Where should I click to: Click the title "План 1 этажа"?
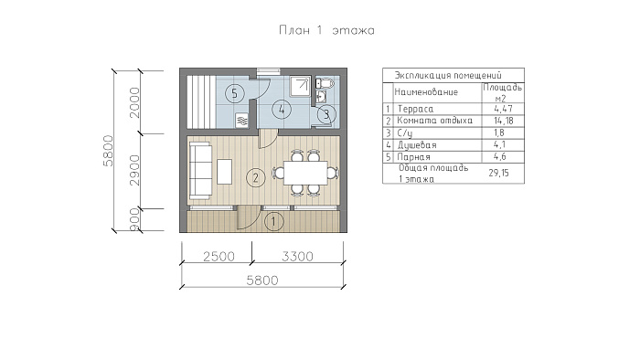coord(326,30)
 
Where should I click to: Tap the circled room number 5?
coord(234,93)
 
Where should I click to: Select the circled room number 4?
coord(282,109)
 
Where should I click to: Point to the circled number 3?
coord(326,114)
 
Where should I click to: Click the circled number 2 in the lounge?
coord(256,177)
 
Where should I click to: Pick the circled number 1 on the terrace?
coord(274,221)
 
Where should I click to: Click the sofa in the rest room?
coord(200,171)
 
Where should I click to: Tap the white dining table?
coord(305,173)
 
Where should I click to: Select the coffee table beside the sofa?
coord(224,171)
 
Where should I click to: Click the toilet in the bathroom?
coord(325,83)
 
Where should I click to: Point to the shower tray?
coord(301,86)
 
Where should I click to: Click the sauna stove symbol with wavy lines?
coord(242,121)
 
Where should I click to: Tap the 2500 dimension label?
coord(219,257)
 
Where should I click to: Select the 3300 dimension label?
coord(297,257)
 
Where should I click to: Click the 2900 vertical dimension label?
coord(134,171)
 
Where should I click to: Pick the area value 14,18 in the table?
coord(503,121)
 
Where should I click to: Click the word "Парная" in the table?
coord(413,157)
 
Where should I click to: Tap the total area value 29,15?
coord(499,173)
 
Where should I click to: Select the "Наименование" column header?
coord(426,92)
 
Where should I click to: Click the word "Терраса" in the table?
coord(415,109)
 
